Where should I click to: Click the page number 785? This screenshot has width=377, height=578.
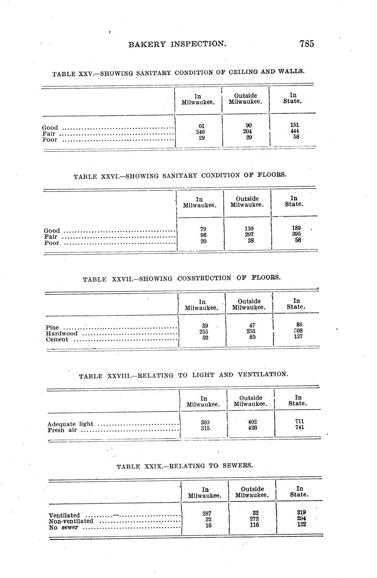tap(307, 44)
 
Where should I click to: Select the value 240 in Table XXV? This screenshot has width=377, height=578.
tap(200, 132)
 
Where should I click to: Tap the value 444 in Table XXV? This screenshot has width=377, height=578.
tap(294, 131)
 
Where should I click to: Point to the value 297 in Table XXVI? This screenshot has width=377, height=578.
tap(250, 235)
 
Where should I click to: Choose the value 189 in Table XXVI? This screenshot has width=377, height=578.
tap(296, 228)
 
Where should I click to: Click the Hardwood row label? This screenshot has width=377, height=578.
tap(62, 334)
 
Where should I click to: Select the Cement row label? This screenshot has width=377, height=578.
tap(57, 340)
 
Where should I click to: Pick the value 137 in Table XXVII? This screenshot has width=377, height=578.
tap(298, 336)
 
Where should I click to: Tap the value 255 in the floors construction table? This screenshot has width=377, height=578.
tap(204, 331)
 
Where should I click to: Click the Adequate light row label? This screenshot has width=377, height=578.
tap(70, 424)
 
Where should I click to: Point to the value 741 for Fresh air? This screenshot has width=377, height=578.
tap(300, 427)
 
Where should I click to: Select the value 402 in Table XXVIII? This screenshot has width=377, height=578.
tap(252, 422)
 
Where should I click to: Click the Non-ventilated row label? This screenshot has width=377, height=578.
tap(71, 521)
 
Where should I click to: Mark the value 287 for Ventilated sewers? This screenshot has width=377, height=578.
tap(207, 513)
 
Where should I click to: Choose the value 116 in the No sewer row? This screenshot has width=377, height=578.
tap(254, 525)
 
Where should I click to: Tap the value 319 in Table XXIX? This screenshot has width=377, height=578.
tap(301, 512)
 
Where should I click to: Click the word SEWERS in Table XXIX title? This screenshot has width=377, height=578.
tap(237, 465)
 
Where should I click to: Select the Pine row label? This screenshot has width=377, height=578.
tap(52, 328)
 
